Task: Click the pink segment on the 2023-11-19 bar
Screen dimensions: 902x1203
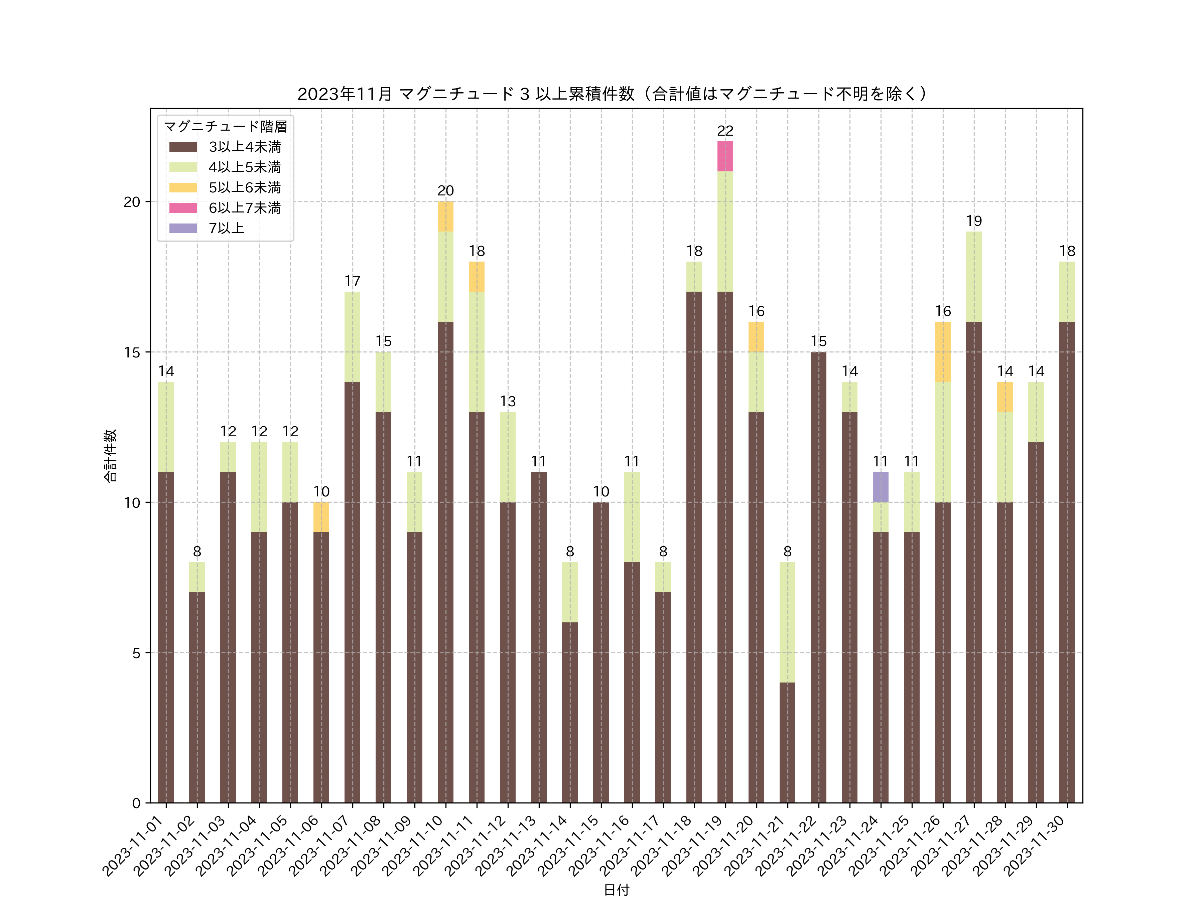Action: click(x=725, y=157)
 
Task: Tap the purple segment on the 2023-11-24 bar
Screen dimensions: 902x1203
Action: click(x=881, y=487)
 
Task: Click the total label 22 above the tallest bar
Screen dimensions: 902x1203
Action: click(x=725, y=131)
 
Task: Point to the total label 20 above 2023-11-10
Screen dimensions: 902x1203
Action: click(x=445, y=191)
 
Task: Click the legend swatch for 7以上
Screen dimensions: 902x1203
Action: click(x=183, y=229)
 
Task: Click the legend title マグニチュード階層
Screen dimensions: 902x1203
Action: click(x=225, y=127)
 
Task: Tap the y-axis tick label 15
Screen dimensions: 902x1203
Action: click(x=132, y=352)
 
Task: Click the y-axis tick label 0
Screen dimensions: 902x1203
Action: click(x=136, y=803)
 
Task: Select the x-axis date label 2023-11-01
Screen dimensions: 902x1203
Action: click(x=134, y=846)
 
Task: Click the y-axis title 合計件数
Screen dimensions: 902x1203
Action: click(x=110, y=456)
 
